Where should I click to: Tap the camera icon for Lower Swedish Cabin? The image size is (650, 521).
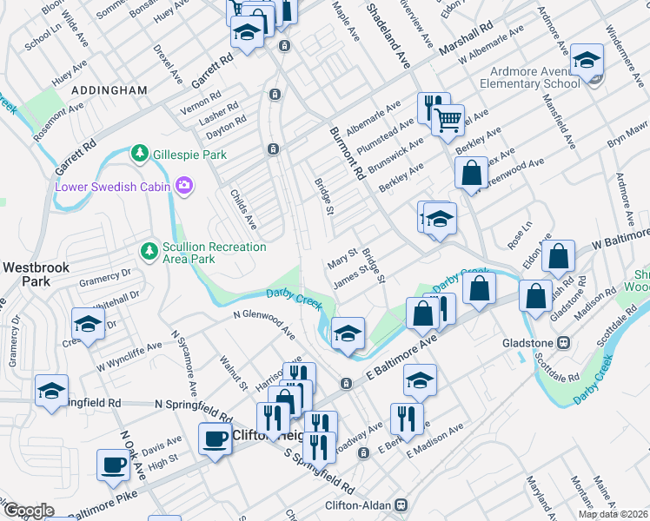183,186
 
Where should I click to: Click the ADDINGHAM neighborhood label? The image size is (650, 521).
109,89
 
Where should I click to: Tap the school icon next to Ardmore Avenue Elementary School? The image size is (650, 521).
587,61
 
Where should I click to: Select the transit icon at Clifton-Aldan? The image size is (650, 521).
401,504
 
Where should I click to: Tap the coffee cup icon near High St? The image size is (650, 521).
113,465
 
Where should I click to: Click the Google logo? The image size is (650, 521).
28,511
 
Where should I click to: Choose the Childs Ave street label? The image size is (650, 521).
243,206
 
